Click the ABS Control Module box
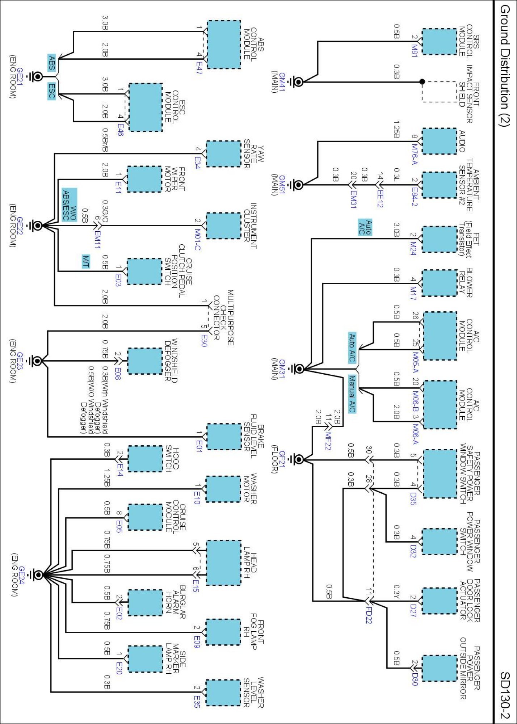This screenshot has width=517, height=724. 223,44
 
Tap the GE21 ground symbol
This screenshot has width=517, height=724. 37,77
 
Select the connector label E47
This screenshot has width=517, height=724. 199,68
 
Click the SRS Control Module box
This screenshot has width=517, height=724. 440,42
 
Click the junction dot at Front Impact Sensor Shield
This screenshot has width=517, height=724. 422,82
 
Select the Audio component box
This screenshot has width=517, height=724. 440,141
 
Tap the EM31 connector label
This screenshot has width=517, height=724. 354,199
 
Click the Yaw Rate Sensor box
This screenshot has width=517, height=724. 223,154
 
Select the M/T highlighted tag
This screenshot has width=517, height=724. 86,261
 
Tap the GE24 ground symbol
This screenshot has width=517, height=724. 38,574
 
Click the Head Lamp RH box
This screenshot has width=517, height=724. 223,563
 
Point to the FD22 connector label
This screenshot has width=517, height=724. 369,615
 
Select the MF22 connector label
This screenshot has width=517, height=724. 328,441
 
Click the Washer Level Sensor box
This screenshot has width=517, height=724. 223,693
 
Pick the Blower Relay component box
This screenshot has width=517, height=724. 440,283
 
